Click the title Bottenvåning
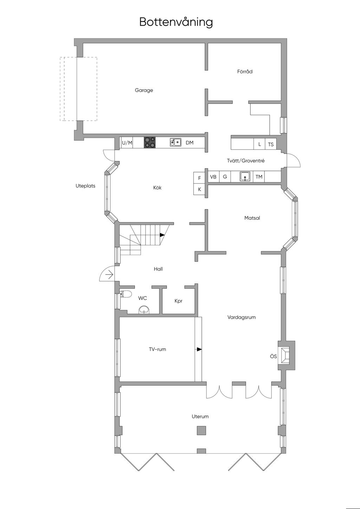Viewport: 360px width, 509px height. tap(176, 22)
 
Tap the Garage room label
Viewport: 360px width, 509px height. tap(144, 90)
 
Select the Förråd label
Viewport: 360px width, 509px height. tap(245, 72)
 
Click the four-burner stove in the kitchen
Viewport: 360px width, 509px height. tap(149, 142)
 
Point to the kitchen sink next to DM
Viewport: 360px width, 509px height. tap(175, 142)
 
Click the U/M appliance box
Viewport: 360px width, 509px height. tap(127, 143)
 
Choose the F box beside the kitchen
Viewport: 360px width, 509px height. tap(199, 178)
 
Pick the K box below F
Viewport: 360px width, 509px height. tap(199, 189)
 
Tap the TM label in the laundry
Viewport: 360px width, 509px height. tap(259, 177)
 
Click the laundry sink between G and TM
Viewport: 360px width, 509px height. tap(245, 176)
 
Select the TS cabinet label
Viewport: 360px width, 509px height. tap(271, 144)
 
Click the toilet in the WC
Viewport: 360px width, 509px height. tap(126, 294)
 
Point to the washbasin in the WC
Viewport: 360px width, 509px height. tap(144, 310)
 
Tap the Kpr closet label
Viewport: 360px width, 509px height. tap(178, 301)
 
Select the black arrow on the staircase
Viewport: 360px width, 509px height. tap(162, 235)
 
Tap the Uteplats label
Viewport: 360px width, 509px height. tap(85, 186)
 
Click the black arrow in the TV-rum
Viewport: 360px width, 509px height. tap(199, 349)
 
